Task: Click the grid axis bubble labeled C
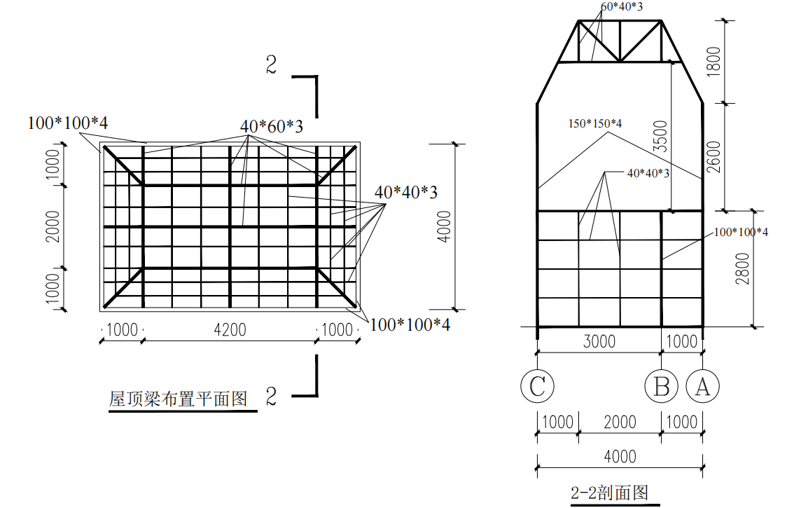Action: click(537, 386)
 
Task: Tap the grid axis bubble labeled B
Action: click(662, 386)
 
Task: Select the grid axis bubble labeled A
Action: click(702, 386)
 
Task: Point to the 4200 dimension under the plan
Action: click(230, 329)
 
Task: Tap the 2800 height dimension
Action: click(743, 268)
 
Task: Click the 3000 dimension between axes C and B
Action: click(599, 341)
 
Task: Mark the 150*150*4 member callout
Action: click(595, 123)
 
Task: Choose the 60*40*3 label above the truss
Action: click(622, 7)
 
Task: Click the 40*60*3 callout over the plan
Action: click(272, 127)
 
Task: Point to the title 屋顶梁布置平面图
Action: click(179, 399)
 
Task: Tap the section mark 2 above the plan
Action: click(272, 65)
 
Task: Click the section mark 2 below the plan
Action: click(272, 397)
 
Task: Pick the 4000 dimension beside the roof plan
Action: click(443, 226)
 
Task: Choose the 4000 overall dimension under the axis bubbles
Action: click(620, 456)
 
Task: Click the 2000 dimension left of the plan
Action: click(53, 226)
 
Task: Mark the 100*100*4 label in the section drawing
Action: click(741, 232)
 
